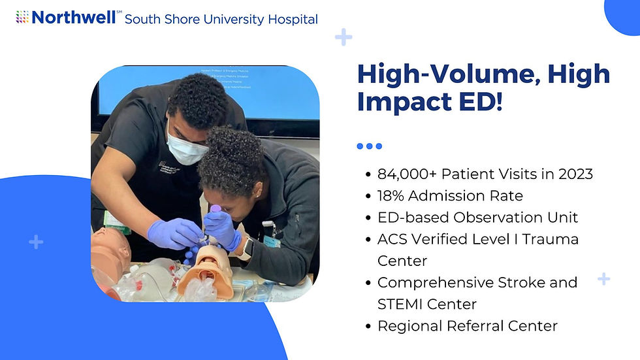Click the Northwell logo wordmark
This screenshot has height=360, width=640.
coord(73,17)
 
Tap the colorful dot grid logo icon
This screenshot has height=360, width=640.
coord(22,17)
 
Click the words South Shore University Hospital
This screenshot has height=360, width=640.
coord(221,19)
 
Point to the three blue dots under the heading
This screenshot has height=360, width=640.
coord(369,146)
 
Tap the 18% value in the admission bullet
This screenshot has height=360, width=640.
coord(391,195)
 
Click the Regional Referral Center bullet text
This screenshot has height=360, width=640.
coord(467,325)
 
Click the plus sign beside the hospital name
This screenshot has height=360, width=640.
coord(344,37)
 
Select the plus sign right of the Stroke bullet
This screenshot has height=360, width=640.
coord(604,279)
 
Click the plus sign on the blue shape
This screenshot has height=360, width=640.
coord(36,242)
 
